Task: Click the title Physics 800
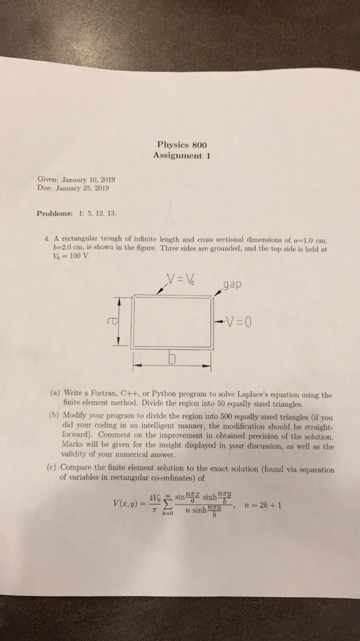click(183, 145)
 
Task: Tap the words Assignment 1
click(183, 156)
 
